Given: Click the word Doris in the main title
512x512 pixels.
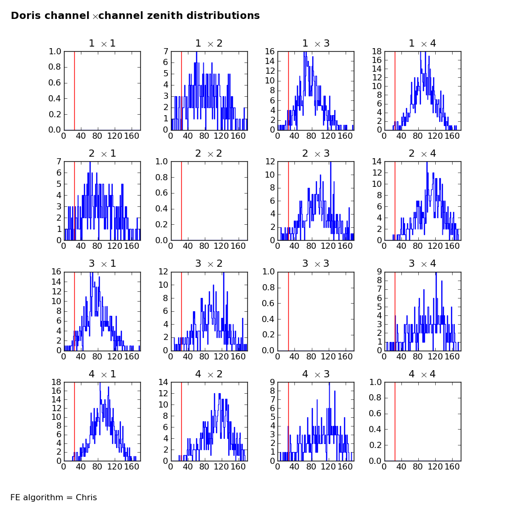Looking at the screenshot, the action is (x=27, y=15).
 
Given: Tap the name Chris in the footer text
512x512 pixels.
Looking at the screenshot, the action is (x=86, y=497).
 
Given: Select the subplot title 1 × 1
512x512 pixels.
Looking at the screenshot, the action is (x=102, y=44).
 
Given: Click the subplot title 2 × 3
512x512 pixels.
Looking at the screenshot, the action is (x=316, y=154).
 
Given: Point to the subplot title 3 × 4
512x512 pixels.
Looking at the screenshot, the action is (x=422, y=264).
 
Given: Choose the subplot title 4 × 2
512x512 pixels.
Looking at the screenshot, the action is (x=209, y=374).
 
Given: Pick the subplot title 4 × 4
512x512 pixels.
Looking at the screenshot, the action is (x=422, y=374).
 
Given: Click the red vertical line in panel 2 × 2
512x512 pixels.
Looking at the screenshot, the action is (x=182, y=201).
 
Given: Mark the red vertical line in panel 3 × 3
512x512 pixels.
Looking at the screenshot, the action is (x=289, y=311).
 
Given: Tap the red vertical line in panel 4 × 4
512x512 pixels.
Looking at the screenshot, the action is (x=395, y=421).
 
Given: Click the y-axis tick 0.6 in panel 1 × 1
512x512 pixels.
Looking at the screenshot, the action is (x=55, y=82).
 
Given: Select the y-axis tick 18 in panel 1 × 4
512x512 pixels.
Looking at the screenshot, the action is (x=377, y=51).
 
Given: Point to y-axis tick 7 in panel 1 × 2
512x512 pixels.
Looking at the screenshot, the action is (x=166, y=51).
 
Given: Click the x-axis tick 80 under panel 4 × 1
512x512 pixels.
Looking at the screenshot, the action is (x=97, y=466).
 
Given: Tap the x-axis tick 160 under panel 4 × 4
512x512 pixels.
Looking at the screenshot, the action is (x=452, y=466).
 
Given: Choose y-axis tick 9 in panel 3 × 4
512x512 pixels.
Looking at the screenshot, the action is (x=379, y=271).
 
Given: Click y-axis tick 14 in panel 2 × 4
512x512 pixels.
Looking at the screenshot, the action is (x=377, y=162).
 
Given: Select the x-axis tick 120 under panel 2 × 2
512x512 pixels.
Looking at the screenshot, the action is (x=221, y=246).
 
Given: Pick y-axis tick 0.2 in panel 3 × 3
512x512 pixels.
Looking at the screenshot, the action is (x=268, y=335).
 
